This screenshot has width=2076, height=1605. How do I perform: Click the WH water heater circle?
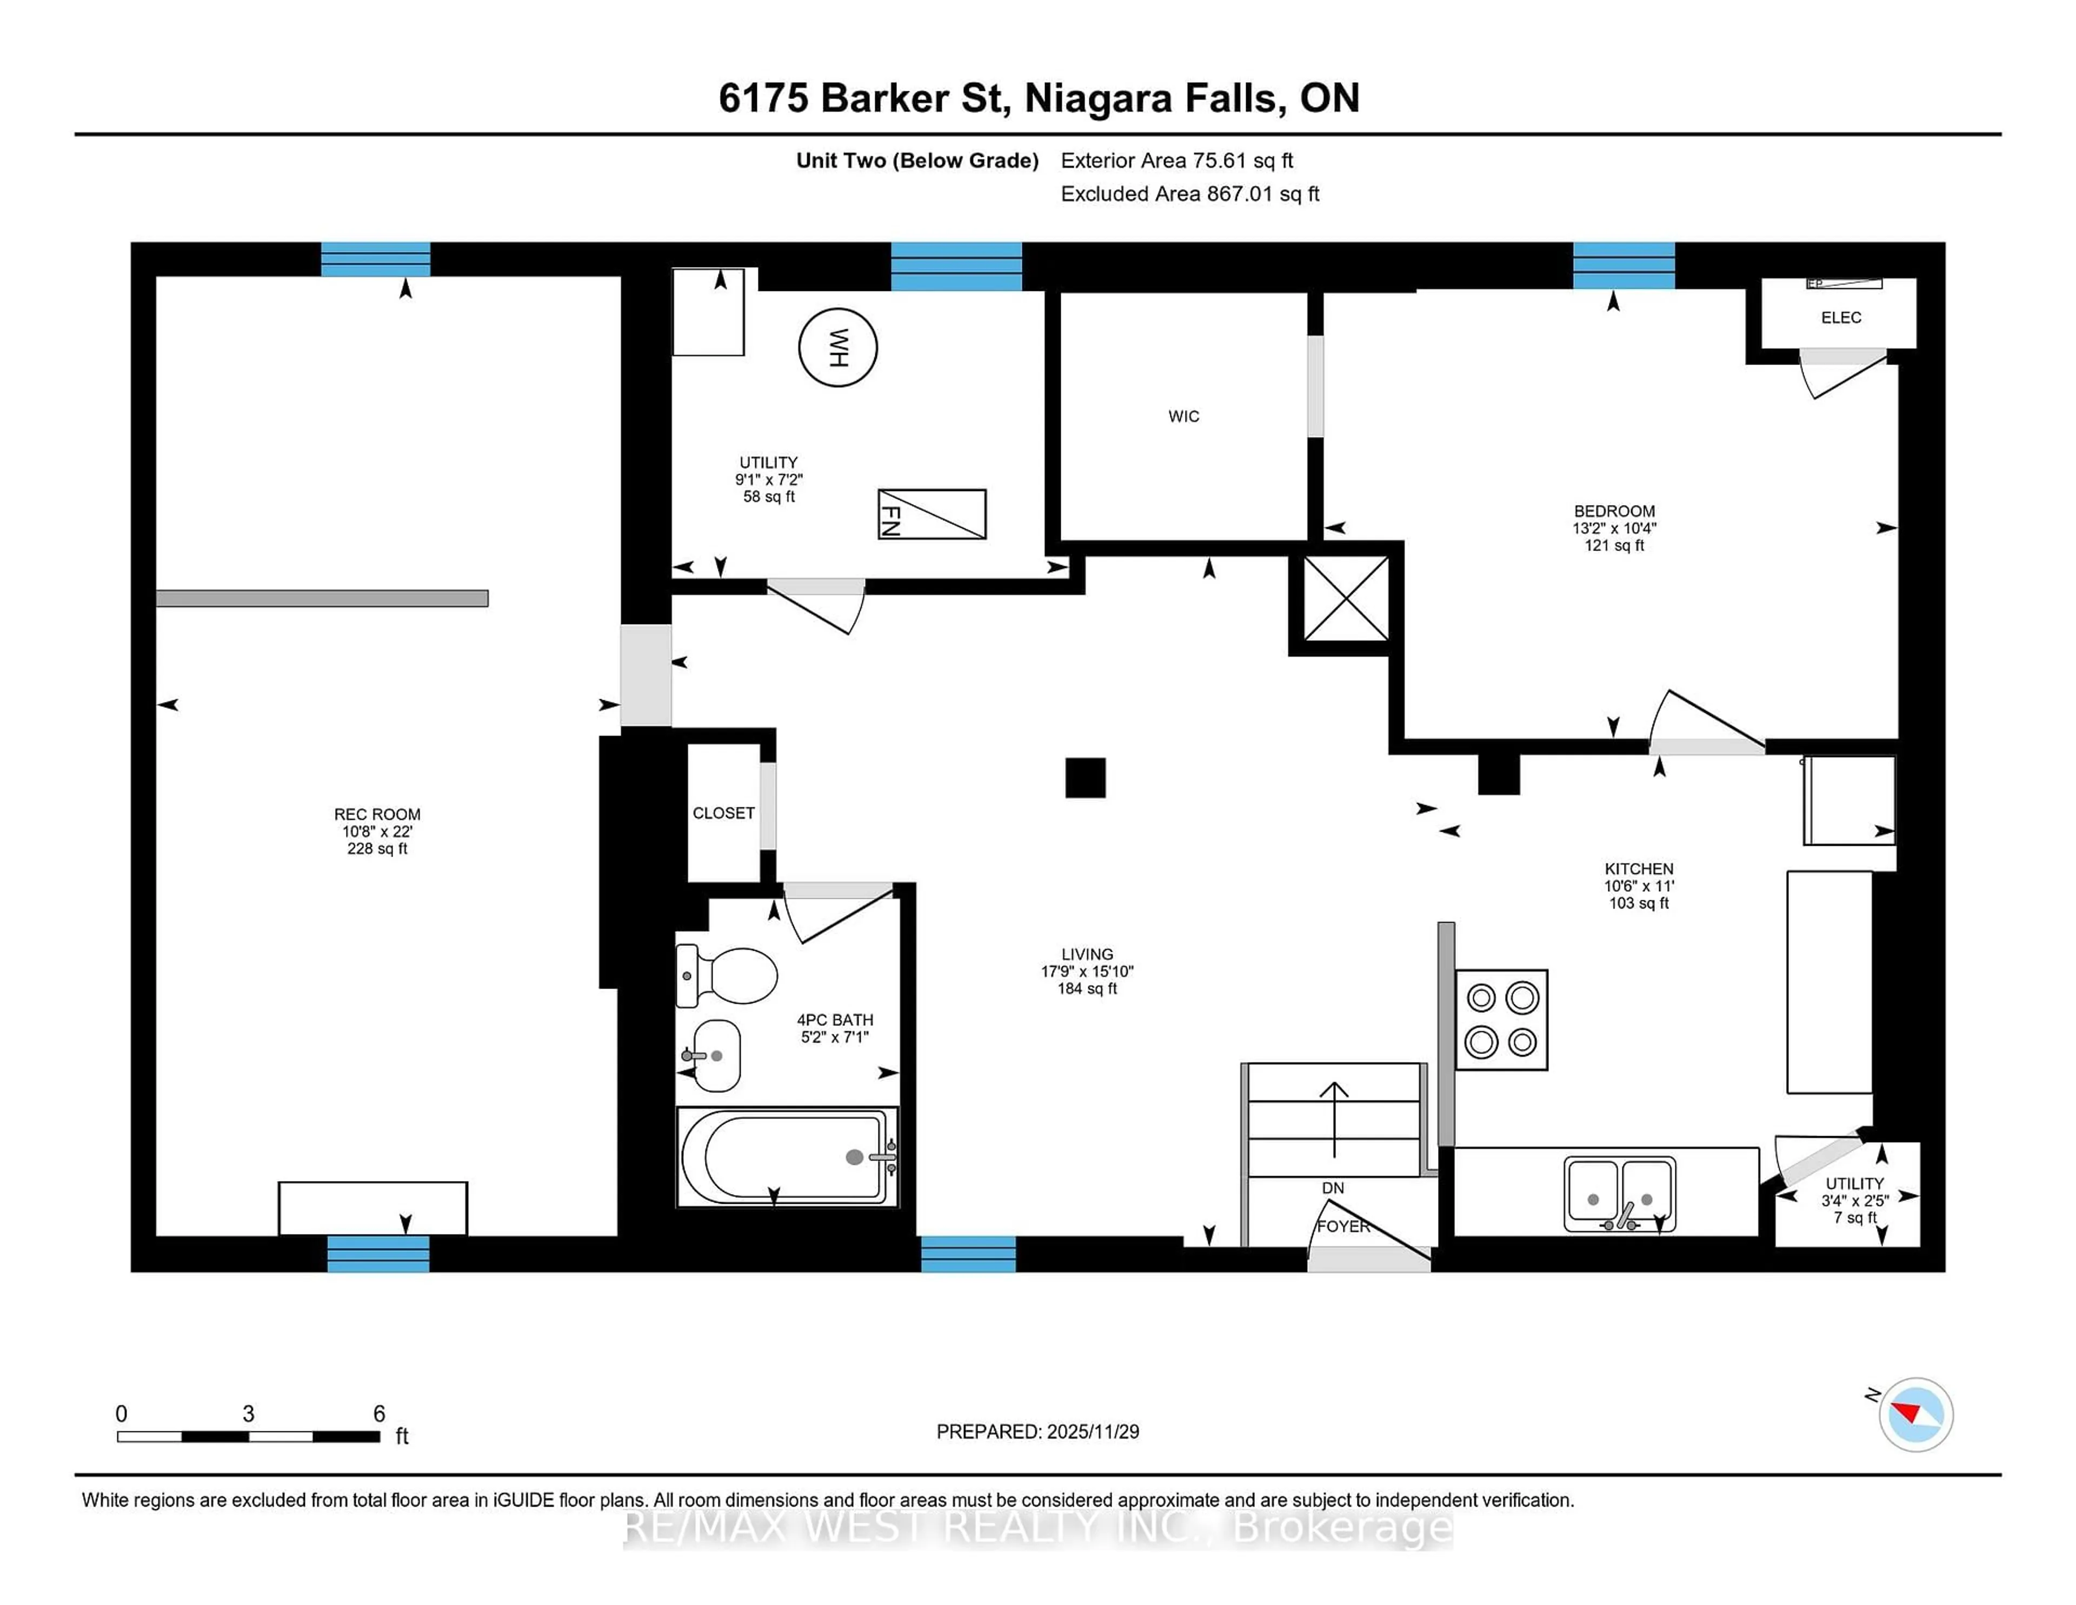pos(837,348)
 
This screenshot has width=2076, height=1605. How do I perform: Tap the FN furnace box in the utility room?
pos(931,514)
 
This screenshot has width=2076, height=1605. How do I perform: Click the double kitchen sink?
pos(1620,1194)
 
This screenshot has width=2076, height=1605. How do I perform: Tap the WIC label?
pos(1183,416)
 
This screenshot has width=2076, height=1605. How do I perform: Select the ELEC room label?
pos(1840,317)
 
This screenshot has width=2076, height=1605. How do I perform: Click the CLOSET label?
pos(723,813)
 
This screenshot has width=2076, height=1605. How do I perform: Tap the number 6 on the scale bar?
pos(380,1414)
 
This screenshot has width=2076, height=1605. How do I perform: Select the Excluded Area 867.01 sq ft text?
pos(1189,194)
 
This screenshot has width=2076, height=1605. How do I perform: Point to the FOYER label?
pos(1343,1226)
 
